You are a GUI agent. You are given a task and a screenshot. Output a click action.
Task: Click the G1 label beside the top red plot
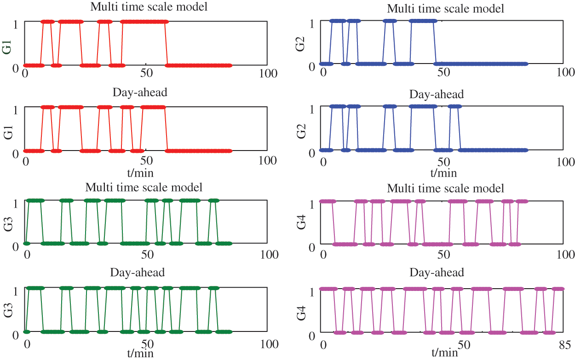[6, 47]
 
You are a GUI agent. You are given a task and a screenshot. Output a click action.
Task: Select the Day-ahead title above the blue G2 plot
[437, 94]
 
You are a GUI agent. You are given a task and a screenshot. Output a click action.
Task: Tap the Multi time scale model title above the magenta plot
[446, 188]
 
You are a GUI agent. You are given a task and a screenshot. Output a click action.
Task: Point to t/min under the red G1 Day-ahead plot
[140, 173]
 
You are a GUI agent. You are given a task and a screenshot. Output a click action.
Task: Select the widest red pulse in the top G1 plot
[144, 21]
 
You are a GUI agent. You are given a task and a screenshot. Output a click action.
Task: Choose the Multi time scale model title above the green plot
[144, 187]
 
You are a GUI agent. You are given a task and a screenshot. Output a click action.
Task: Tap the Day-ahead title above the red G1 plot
[140, 92]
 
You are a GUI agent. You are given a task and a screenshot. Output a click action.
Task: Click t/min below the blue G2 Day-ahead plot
[444, 173]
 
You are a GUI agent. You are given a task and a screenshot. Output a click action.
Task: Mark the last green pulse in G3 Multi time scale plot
[213, 201]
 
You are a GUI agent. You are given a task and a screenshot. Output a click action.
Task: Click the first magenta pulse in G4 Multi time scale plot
[328, 201]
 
